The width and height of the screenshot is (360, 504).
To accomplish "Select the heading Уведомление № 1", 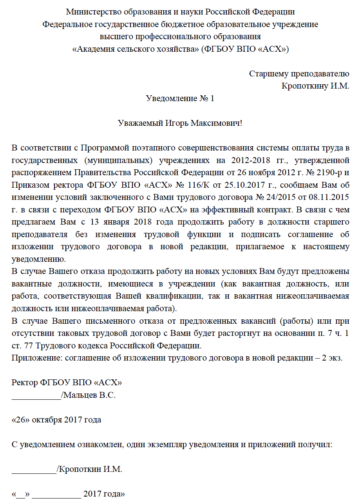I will pyautogui.click(x=180, y=98).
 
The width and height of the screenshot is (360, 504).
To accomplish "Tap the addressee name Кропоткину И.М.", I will pyautogui.click(x=315, y=85).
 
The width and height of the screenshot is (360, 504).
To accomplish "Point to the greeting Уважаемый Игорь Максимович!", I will pyautogui.click(x=180, y=123).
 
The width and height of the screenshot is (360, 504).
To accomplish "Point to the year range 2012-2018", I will pyautogui.click(x=250, y=160).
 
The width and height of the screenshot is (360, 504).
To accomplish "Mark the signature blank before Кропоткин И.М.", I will pyautogui.click(x=34, y=469).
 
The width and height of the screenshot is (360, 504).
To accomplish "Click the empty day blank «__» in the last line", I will pyautogui.click(x=21, y=494).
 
